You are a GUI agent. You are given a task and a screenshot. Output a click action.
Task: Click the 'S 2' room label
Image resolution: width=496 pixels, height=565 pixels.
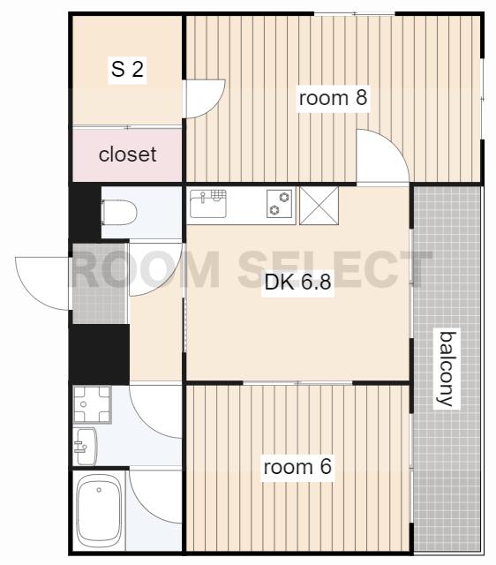(x=127, y=69)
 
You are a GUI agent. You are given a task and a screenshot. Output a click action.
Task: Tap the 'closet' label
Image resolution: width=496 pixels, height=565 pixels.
(x=127, y=154)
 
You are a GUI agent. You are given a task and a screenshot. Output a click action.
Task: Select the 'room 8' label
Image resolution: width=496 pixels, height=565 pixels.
(x=334, y=98)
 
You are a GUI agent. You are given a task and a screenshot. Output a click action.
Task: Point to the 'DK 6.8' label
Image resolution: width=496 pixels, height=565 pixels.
(x=298, y=282)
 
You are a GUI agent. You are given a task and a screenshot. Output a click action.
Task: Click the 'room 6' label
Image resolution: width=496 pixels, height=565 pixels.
(x=297, y=467)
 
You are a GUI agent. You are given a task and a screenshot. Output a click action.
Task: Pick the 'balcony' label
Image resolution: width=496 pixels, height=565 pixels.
(x=447, y=369)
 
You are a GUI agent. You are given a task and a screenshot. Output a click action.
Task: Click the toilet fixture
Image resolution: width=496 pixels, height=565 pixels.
(x=119, y=212)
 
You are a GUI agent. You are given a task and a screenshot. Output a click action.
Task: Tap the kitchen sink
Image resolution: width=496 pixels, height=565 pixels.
(x=208, y=204)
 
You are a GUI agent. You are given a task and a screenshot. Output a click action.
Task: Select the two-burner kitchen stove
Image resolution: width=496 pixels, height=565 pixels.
(x=280, y=204)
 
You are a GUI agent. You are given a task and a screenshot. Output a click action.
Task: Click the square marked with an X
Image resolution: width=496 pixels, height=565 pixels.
(x=319, y=206)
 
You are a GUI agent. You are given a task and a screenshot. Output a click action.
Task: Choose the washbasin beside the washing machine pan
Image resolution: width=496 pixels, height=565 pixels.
(x=86, y=447)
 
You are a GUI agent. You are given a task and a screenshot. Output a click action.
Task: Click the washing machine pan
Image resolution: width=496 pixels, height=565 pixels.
(x=92, y=404)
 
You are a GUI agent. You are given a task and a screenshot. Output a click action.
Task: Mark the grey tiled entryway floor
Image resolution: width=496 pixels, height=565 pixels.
(x=100, y=283)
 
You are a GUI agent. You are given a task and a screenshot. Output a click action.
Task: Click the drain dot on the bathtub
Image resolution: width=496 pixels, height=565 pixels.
(x=99, y=490)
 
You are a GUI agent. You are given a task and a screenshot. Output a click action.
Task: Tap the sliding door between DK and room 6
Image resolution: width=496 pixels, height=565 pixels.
(x=298, y=383)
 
